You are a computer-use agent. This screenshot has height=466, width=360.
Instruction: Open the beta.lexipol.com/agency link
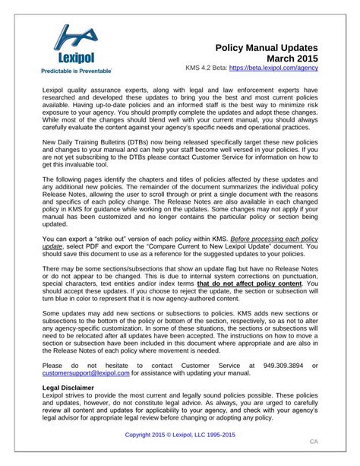tap(273, 71)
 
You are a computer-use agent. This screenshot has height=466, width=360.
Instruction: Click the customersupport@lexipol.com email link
tap(85, 373)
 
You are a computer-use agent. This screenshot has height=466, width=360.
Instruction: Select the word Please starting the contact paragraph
tap(54, 365)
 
